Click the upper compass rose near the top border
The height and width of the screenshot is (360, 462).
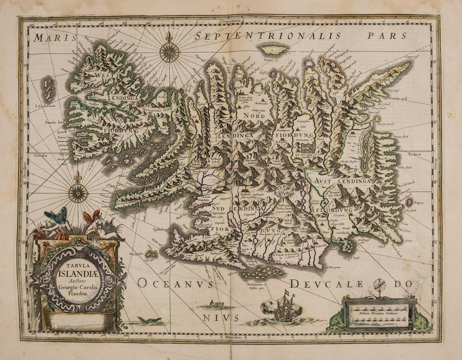tap(169, 53)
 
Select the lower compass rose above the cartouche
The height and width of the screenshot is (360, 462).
tap(78, 193)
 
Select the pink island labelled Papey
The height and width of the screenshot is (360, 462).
tap(408, 202)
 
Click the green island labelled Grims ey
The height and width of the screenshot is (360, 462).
tap(273, 50)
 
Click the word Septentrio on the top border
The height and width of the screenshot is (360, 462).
tap(231, 21)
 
